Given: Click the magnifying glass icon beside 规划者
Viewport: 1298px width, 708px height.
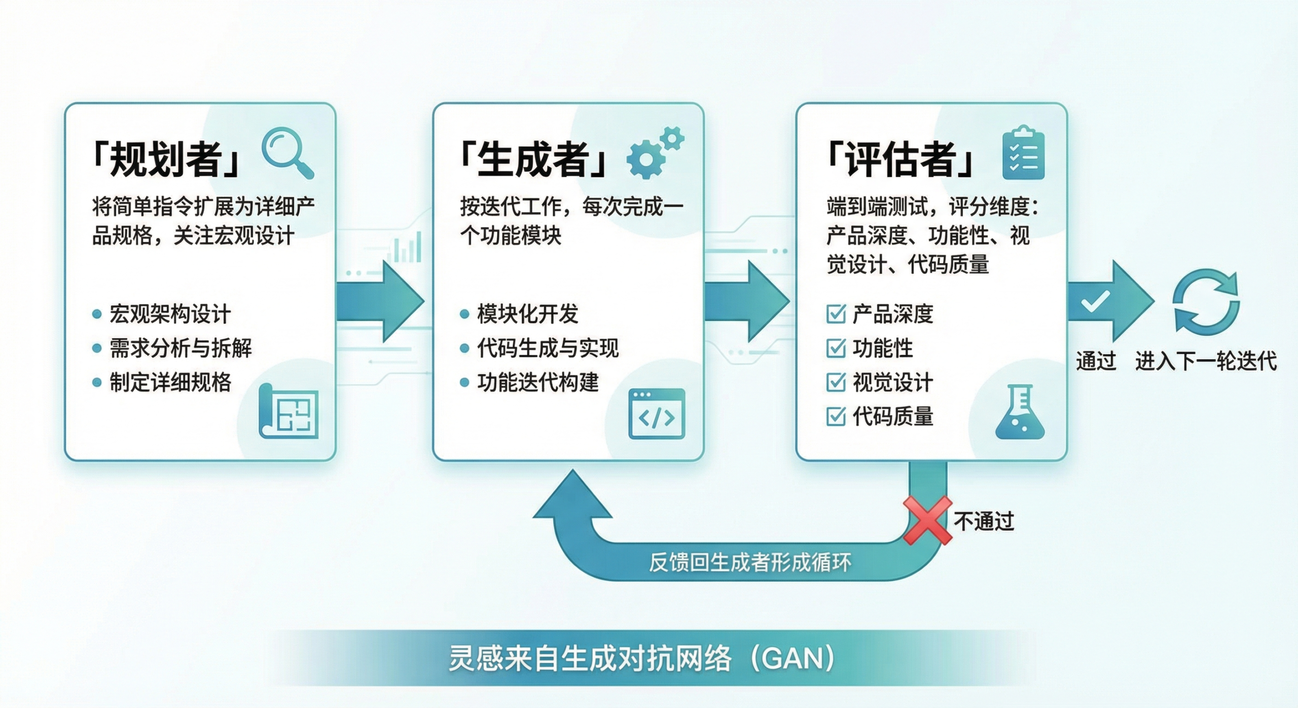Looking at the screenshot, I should click(x=287, y=152).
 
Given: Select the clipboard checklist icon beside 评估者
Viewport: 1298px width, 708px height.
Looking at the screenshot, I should click(x=1023, y=153).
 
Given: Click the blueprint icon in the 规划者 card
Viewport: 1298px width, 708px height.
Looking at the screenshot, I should click(x=289, y=411).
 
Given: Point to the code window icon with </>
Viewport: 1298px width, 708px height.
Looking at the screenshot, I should click(x=657, y=414).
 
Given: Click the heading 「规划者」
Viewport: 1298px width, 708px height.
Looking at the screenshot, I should click(x=165, y=159).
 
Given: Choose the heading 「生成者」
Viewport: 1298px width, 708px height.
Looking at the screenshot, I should click(x=532, y=159).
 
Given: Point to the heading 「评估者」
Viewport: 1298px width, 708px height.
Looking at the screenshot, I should click(x=899, y=159).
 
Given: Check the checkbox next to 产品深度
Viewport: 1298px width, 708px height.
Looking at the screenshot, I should click(x=836, y=314).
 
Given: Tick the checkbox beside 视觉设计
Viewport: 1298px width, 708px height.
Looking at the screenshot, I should click(x=836, y=382).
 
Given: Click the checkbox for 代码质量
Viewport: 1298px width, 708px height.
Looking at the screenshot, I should click(x=836, y=416).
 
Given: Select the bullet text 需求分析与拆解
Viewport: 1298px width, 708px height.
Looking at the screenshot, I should click(x=181, y=348).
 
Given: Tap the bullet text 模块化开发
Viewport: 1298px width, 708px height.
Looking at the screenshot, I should click(x=527, y=314).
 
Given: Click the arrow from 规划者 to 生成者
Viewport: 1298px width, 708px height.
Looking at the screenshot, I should click(x=380, y=301).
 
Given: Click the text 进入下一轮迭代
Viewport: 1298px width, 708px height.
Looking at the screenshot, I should click(x=1206, y=361).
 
